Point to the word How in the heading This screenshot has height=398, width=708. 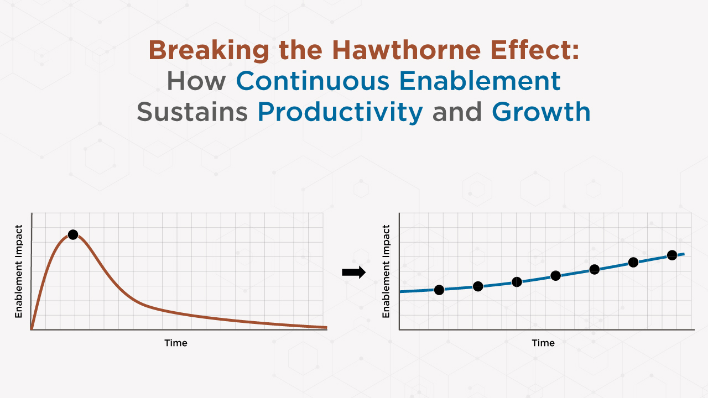tap(196, 81)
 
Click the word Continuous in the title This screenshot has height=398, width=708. tap(313, 81)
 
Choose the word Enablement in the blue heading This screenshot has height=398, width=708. tap(480, 81)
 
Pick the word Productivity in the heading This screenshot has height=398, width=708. tap(340, 113)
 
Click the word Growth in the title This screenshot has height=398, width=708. tap(541, 112)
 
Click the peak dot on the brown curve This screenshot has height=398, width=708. tap(72, 235)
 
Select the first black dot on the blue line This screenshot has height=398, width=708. tap(439, 290)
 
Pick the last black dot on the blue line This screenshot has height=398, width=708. tap(672, 255)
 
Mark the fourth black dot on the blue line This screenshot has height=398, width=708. tap(556, 275)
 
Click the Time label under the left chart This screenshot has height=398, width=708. tap(176, 343)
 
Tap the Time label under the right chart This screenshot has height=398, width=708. tap(543, 343)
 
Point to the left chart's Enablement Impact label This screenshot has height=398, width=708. tap(19, 271)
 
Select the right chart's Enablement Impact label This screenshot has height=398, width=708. tap(386, 271)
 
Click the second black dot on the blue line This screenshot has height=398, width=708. tap(478, 286)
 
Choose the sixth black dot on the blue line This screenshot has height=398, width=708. tap(633, 262)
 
